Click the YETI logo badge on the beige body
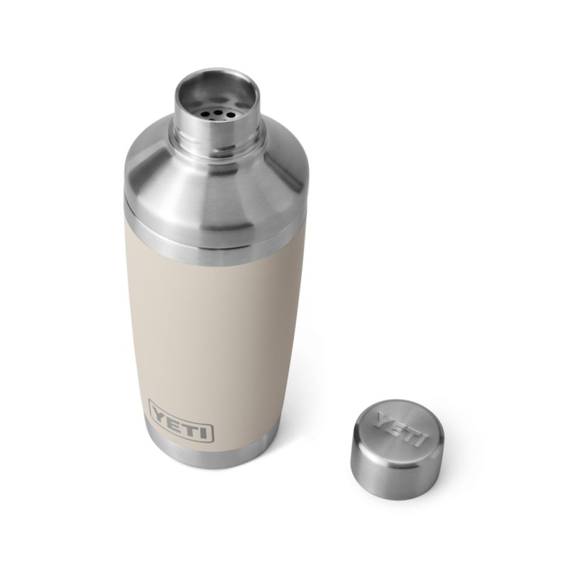pyautogui.click(x=181, y=430)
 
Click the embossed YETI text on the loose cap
pyautogui.click(x=397, y=426)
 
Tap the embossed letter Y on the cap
pyautogui.click(x=381, y=418)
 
